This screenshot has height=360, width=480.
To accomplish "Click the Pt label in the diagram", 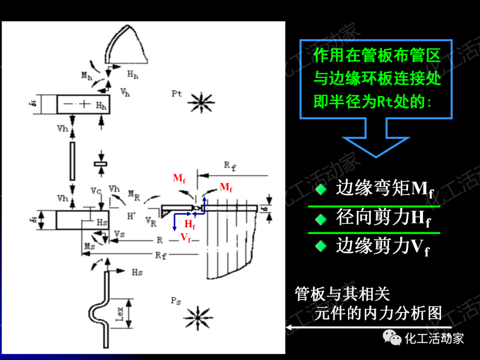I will pyautogui.click(x=176, y=94).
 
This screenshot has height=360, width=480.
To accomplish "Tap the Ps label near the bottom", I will pyautogui.click(x=176, y=301).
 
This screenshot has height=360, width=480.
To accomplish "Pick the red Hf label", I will pyautogui.click(x=190, y=224).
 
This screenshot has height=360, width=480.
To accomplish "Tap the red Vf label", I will pyautogui.click(x=185, y=238).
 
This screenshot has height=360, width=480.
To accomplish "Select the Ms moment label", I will pyautogui.click(x=89, y=245).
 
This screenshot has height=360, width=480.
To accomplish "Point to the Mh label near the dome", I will pyautogui.click(x=87, y=76).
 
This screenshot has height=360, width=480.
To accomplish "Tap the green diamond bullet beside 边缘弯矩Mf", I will pyautogui.click(x=320, y=190).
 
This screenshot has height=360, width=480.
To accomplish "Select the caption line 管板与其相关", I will pyautogui.click(x=343, y=294).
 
